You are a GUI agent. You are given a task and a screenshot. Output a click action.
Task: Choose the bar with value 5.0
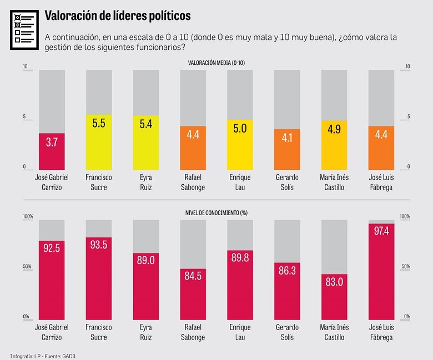click(x=239, y=144)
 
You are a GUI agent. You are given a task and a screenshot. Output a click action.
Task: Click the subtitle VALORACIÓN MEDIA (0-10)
click(x=217, y=63)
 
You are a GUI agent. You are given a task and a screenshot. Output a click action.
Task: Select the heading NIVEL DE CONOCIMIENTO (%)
click(x=217, y=213)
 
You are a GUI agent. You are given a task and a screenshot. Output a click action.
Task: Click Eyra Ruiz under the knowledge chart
click(x=146, y=332)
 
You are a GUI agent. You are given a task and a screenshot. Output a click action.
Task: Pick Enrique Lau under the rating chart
click(x=239, y=182)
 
